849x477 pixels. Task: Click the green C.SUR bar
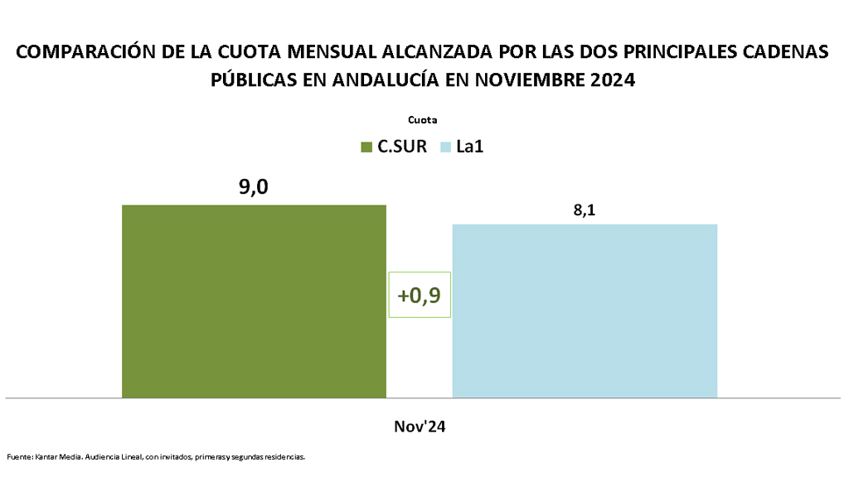pyautogui.click(x=254, y=301)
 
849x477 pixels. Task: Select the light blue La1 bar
pyautogui.click(x=584, y=311)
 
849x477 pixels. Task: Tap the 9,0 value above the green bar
pyautogui.click(x=254, y=188)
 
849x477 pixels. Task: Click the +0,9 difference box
pyautogui.click(x=420, y=295)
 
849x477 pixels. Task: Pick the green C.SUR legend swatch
pyautogui.click(x=366, y=147)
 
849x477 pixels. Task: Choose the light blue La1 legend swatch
pyautogui.click(x=444, y=147)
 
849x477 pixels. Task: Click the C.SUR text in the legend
pyautogui.click(x=402, y=147)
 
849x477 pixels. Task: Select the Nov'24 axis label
pyautogui.click(x=420, y=426)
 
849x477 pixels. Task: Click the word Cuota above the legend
pyautogui.click(x=422, y=119)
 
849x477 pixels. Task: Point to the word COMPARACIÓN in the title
pyautogui.click(x=87, y=51)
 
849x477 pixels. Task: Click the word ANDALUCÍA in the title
pyautogui.click(x=381, y=80)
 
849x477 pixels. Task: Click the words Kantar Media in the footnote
pyautogui.click(x=55, y=456)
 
